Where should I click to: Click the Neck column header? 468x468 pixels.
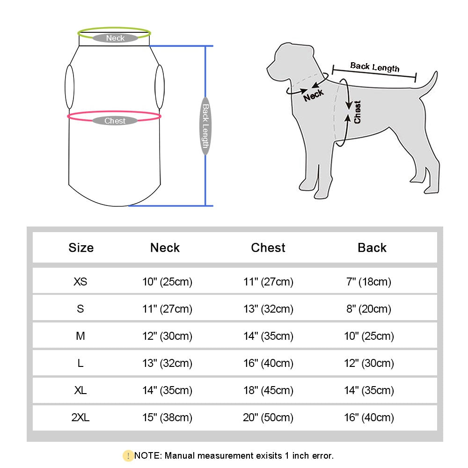(x=165, y=248)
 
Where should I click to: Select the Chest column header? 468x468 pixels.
(x=268, y=248)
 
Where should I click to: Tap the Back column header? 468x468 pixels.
(x=372, y=248)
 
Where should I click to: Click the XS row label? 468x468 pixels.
(x=80, y=282)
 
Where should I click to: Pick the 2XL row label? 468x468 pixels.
(x=80, y=417)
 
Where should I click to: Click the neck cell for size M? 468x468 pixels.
(x=167, y=336)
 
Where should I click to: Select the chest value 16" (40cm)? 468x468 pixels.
(x=268, y=363)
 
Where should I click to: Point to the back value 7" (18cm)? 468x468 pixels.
(x=369, y=282)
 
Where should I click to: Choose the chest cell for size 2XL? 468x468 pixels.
(x=268, y=417)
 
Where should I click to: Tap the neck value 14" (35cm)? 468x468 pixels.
(x=167, y=390)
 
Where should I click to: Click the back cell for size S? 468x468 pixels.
(x=369, y=309)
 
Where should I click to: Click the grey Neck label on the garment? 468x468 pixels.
(x=115, y=38)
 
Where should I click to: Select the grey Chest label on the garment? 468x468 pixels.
(x=115, y=121)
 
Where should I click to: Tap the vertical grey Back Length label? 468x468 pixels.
(x=205, y=126)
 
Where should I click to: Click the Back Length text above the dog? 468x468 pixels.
(x=375, y=67)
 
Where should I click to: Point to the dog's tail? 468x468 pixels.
(x=429, y=84)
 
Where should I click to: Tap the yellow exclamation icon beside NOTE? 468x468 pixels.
(x=128, y=455)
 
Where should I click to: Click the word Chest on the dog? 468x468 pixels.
(x=358, y=112)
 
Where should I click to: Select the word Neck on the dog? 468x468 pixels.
(x=313, y=95)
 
